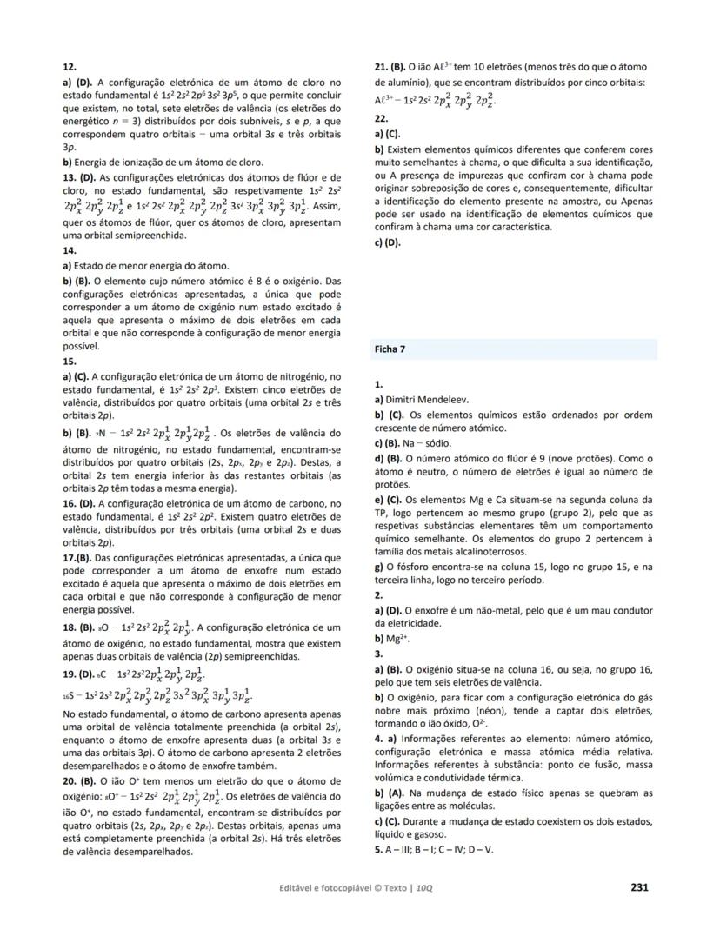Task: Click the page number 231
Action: [x=638, y=887]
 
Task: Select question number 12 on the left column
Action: [x=70, y=66]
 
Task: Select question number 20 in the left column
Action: [x=70, y=781]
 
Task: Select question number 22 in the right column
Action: [x=380, y=117]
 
